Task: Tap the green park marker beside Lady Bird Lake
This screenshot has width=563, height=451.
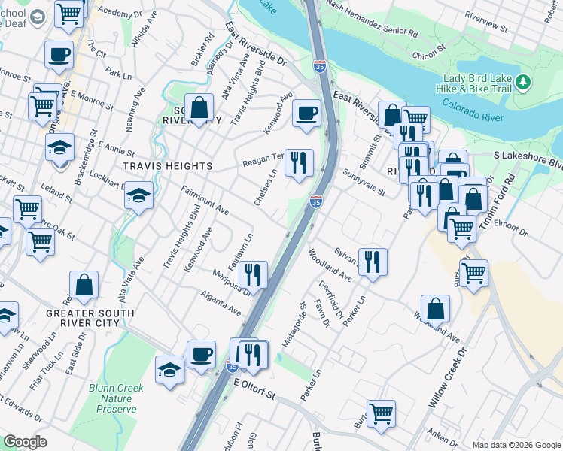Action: [x=524, y=80]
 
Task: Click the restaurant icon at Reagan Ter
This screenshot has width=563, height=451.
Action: [x=299, y=162]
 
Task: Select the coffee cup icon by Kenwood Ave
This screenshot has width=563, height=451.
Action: [x=306, y=114]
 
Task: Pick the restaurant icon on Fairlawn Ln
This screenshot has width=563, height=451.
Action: [x=253, y=274]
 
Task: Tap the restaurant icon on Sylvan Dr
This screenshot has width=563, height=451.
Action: [x=373, y=262]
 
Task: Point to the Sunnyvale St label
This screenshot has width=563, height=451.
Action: [x=364, y=183]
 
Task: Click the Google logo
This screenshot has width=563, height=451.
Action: [x=25, y=442]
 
